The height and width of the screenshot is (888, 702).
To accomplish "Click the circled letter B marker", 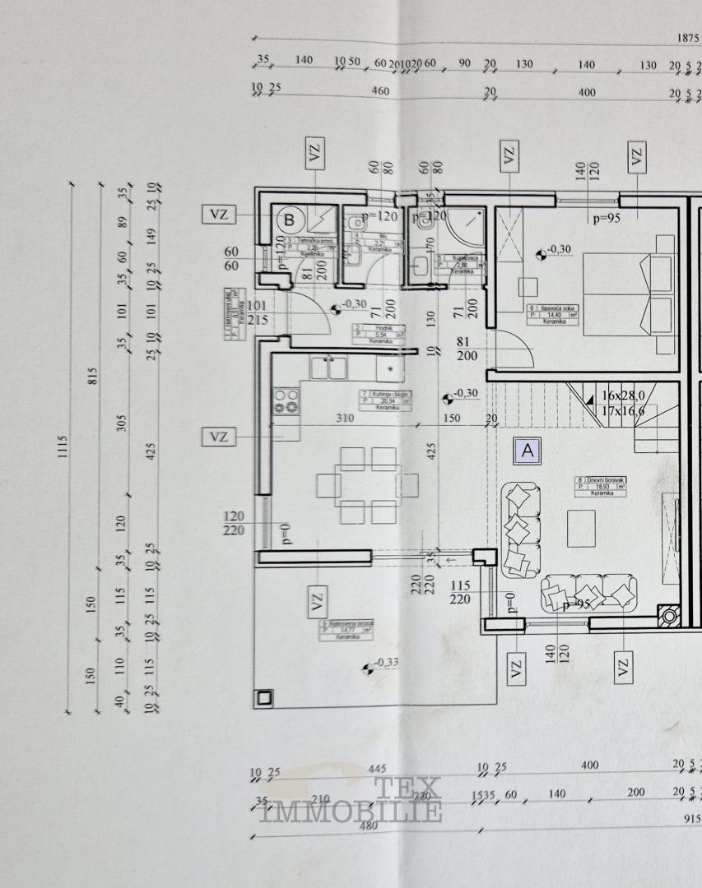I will point(290,220).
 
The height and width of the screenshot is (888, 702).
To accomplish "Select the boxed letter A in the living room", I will point(527,450).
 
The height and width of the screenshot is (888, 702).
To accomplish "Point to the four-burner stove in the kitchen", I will point(286,402).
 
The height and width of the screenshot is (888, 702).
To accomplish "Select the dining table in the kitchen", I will point(370,485).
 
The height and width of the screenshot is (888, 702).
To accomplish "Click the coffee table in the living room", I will point(582,527).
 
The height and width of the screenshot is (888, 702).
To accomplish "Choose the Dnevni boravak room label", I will point(600,483).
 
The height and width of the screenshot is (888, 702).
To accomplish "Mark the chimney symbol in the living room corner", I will point(670,616).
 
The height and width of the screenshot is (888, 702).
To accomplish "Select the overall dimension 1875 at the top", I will point(687,38).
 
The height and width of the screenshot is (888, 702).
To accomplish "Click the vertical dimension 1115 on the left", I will point(63,447).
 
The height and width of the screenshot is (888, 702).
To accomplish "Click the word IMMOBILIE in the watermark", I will point(351,813).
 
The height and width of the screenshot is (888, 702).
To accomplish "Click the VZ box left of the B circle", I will point(219,215).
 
